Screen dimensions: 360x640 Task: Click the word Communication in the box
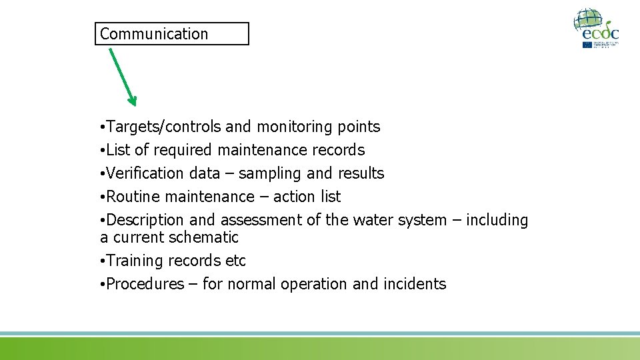[154, 34]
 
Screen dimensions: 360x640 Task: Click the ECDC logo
[597, 27]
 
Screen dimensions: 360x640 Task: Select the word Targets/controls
[164, 127]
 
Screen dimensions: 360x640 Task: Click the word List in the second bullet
[119, 150]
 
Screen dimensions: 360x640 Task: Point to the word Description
[145, 220]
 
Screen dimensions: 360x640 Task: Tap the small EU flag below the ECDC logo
[587, 45]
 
